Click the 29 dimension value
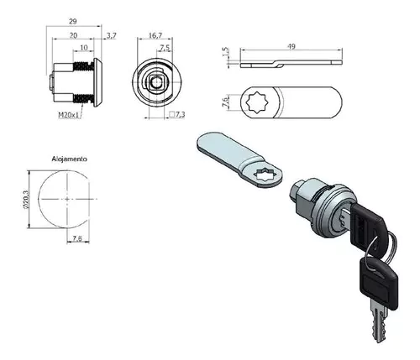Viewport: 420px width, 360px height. [73, 21]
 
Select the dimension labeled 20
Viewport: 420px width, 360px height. [73, 35]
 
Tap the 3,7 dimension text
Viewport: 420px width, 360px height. [111, 35]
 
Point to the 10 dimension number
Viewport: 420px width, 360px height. [84, 48]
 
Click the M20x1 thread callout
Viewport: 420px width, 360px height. [69, 115]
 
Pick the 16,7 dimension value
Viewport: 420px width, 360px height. [155, 35]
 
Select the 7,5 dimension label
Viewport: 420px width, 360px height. [165, 48]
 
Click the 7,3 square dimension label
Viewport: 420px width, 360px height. [177, 114]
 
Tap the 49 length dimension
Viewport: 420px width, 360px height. [291, 46]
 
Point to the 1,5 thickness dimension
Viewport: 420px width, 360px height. [226, 51]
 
